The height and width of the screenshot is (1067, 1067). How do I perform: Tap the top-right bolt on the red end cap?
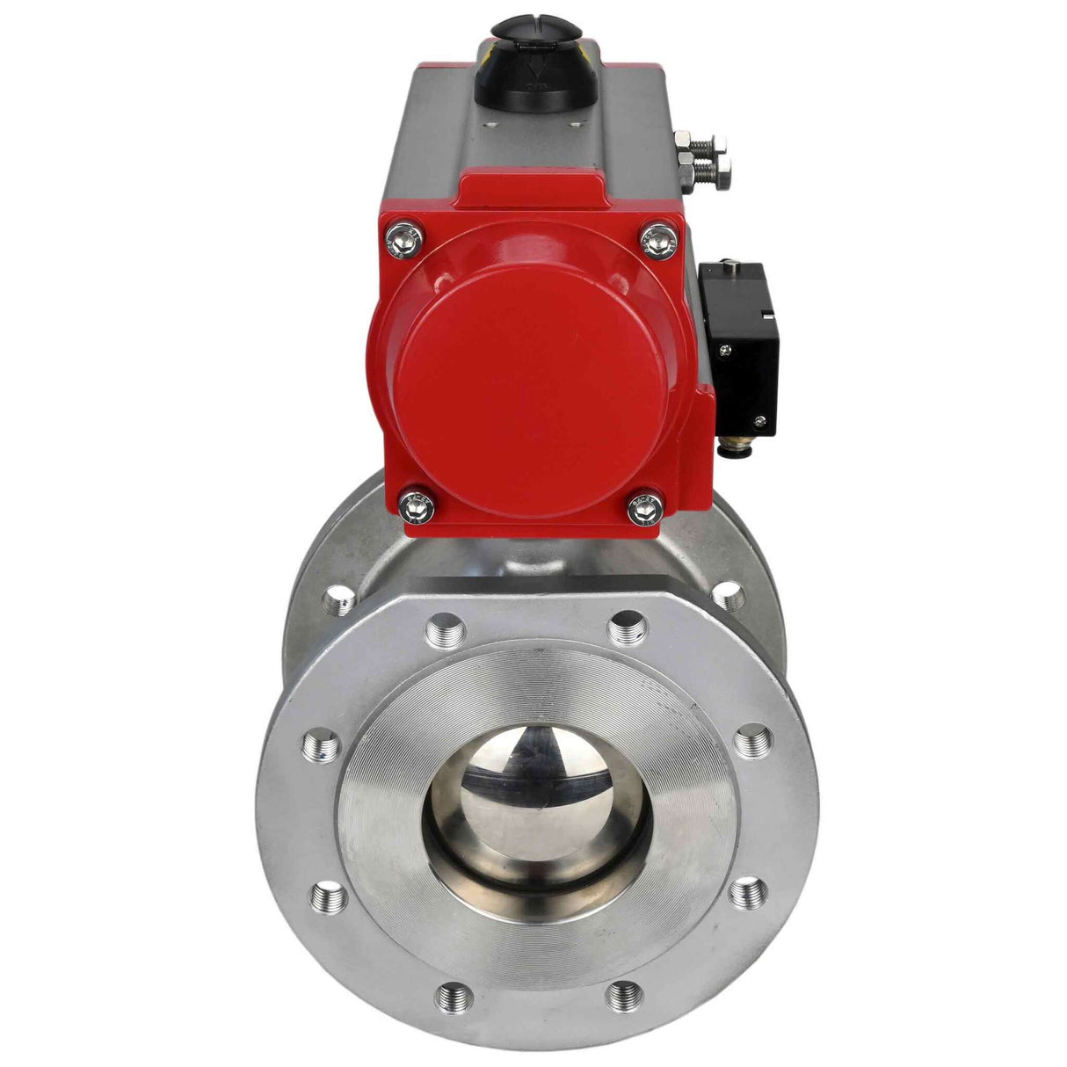tap(659, 238)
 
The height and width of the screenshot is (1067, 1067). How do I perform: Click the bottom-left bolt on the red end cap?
tap(417, 507)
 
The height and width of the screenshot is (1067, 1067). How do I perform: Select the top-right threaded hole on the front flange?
tap(628, 627)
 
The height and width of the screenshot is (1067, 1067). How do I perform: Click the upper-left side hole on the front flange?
tap(322, 749)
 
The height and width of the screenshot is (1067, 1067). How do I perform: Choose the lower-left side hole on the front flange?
tap(328, 896)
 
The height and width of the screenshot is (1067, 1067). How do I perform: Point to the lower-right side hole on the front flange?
tap(748, 894)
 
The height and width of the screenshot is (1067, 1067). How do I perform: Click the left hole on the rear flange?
tap(338, 601)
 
